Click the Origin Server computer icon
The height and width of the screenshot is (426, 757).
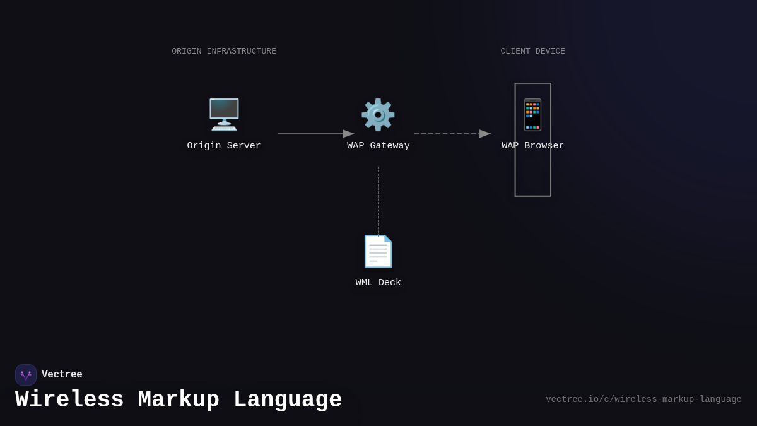pyautogui.click(x=224, y=115)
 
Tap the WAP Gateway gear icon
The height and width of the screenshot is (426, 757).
pyautogui.click(x=378, y=115)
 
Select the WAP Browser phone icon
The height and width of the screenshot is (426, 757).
pyautogui.click(x=532, y=115)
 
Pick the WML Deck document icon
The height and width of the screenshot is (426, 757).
pyautogui.click(x=378, y=251)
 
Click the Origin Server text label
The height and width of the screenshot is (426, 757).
pyautogui.click(x=224, y=146)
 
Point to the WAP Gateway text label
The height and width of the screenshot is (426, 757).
pyautogui.click(x=378, y=146)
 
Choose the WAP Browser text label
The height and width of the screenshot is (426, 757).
pyautogui.click(x=532, y=146)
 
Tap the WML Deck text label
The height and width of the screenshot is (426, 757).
pyautogui.click(x=378, y=283)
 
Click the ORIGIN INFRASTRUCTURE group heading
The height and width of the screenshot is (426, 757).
pyautogui.click(x=224, y=51)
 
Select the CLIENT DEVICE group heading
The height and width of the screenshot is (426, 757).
pyautogui.click(x=532, y=51)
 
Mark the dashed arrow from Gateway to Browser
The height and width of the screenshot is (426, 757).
pyautogui.click(x=448, y=134)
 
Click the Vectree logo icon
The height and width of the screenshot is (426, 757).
pyautogui.click(x=26, y=375)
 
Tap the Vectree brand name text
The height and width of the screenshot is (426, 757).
pyautogui.click(x=62, y=375)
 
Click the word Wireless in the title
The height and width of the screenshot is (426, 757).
pyautogui.click(x=69, y=400)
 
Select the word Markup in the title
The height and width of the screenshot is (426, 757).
pyautogui.click(x=179, y=400)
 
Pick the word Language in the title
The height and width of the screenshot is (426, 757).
pyautogui.click(x=288, y=400)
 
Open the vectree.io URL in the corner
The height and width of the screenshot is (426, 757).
pyautogui.click(x=643, y=399)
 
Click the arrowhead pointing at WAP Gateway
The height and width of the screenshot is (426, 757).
pyautogui.click(x=349, y=134)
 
